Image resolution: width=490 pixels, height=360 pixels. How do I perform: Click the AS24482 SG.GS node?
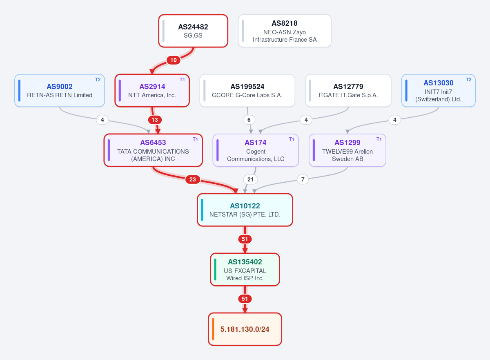193,31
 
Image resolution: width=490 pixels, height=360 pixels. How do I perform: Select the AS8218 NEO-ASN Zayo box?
285,31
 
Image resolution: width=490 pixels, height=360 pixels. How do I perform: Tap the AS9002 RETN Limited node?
60,91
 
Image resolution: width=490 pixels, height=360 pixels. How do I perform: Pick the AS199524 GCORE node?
247,91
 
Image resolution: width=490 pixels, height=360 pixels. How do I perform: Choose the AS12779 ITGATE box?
348,91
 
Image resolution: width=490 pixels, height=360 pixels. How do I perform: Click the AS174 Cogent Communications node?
256,150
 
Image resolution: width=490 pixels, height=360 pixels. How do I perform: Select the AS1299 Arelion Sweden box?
347,150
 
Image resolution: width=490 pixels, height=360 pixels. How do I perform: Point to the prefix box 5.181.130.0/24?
245,329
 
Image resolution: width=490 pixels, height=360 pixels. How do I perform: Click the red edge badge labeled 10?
174,60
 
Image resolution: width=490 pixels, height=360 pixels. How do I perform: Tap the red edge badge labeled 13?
155,120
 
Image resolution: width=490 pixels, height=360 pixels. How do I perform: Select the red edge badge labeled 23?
192,179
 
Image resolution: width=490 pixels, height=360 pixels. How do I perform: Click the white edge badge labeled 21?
250,179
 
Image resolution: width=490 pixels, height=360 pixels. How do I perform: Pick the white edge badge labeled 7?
303,179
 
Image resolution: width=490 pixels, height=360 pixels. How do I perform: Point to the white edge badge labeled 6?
249,120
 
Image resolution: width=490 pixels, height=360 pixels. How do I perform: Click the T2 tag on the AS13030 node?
469,80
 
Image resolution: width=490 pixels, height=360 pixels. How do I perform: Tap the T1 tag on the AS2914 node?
182,80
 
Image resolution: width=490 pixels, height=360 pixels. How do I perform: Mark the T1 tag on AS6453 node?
195,139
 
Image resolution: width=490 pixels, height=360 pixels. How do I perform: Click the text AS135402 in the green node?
245,262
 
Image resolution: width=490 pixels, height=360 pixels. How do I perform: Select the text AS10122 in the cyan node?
245,206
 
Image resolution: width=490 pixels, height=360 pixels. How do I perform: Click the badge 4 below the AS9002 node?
102,120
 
